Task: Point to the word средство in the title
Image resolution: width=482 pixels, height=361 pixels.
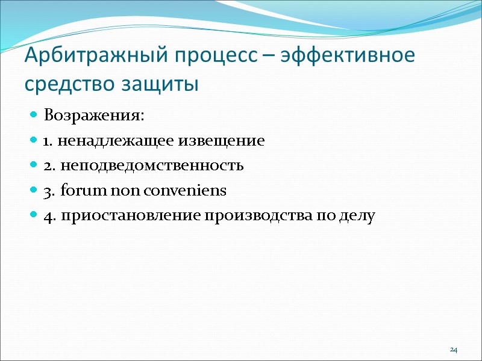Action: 61,84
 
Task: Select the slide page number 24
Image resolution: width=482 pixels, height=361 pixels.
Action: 454,350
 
